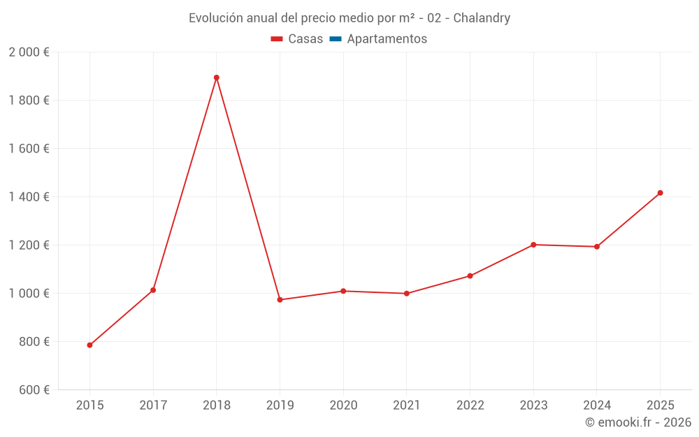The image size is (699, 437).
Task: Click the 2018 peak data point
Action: click(217, 78)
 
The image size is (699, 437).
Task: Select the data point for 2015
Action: click(89, 345)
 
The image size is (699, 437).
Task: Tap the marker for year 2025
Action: click(661, 193)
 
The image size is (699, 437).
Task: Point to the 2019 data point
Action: click(280, 300)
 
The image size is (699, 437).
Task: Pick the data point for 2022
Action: click(470, 276)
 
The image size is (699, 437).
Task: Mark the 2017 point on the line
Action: click(153, 290)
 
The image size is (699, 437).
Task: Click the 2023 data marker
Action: click(533, 245)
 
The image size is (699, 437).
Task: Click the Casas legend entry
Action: click(297, 38)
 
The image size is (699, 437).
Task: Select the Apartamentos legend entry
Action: click(378, 38)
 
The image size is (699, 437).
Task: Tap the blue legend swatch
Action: click(336, 38)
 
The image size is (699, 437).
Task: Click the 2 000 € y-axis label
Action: click(29, 52)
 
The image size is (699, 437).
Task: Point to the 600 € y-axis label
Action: click(34, 389)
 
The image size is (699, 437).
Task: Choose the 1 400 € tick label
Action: click(29, 196)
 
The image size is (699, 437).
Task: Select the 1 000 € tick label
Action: click(29, 294)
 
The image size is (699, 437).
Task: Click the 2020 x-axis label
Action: click(343, 405)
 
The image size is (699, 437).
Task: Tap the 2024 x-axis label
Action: click(597, 405)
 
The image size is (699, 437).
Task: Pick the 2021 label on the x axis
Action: click(407, 405)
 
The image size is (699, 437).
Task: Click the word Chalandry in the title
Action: click(482, 18)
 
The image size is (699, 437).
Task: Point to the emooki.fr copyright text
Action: click(638, 422)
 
